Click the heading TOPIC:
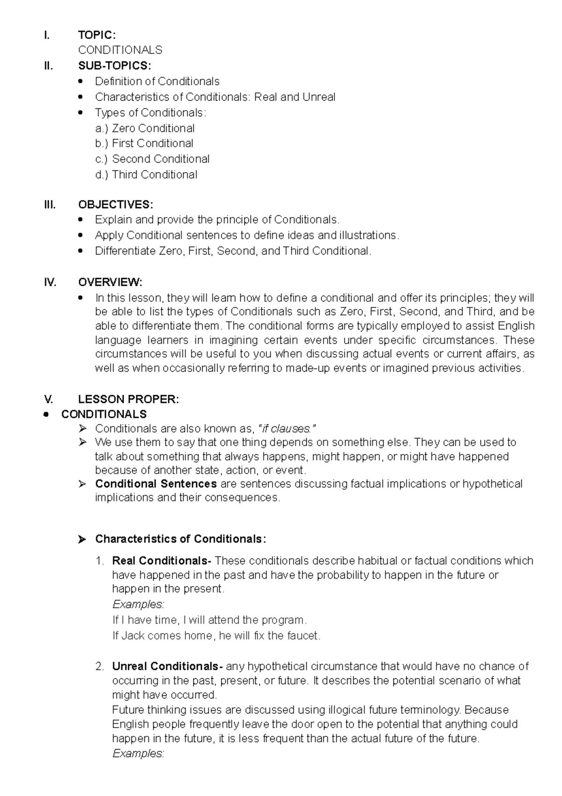[96, 35]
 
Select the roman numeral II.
[48, 66]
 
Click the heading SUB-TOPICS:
[114, 66]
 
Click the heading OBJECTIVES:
[115, 205]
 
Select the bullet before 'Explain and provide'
[81, 219]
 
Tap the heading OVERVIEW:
[110, 282]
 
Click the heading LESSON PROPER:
[128, 399]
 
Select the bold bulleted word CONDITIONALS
[104, 414]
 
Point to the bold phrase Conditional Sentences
[155, 484]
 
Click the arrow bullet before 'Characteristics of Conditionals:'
[82, 540]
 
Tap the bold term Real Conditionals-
[162, 561]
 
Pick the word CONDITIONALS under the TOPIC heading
[120, 50]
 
